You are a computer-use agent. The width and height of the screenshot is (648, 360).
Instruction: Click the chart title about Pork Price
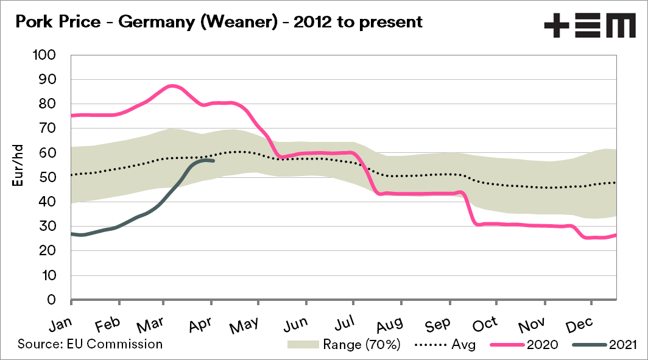[219, 23]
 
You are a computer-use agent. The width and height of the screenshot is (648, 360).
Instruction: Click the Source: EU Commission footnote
[90, 344]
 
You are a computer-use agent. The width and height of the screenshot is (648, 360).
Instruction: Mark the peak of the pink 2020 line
[172, 86]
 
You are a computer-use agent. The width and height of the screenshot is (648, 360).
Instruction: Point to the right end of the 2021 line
[213, 161]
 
